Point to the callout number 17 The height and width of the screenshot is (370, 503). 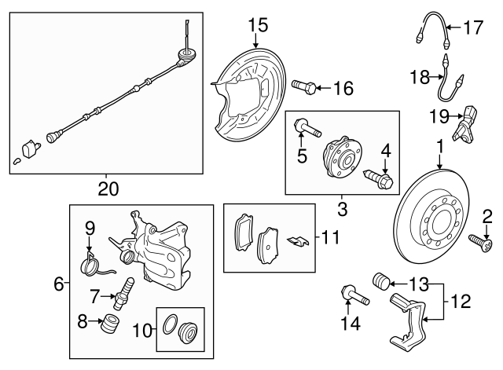(x=472, y=30)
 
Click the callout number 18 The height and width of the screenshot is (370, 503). (x=420, y=76)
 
